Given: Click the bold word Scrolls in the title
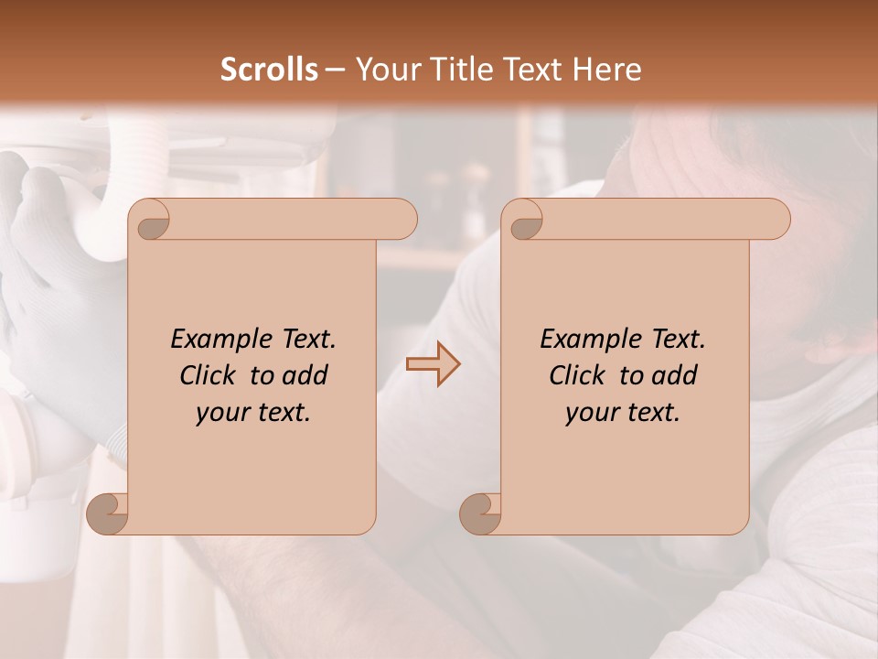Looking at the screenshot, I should pos(269,70).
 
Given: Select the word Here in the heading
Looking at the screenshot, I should pos(606,70).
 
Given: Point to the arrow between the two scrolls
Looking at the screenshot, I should pos(433,364).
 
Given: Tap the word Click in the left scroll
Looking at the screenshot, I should pos(211,375).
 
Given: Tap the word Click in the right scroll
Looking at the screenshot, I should pos(581,375).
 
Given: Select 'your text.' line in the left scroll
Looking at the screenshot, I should pos(253,413).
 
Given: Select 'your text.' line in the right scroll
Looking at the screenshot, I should pos(623,413).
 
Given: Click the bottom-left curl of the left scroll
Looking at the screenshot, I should pos(108,513).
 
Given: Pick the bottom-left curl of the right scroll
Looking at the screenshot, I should pos(479,513).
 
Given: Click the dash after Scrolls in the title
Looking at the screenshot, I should pos(335,70).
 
